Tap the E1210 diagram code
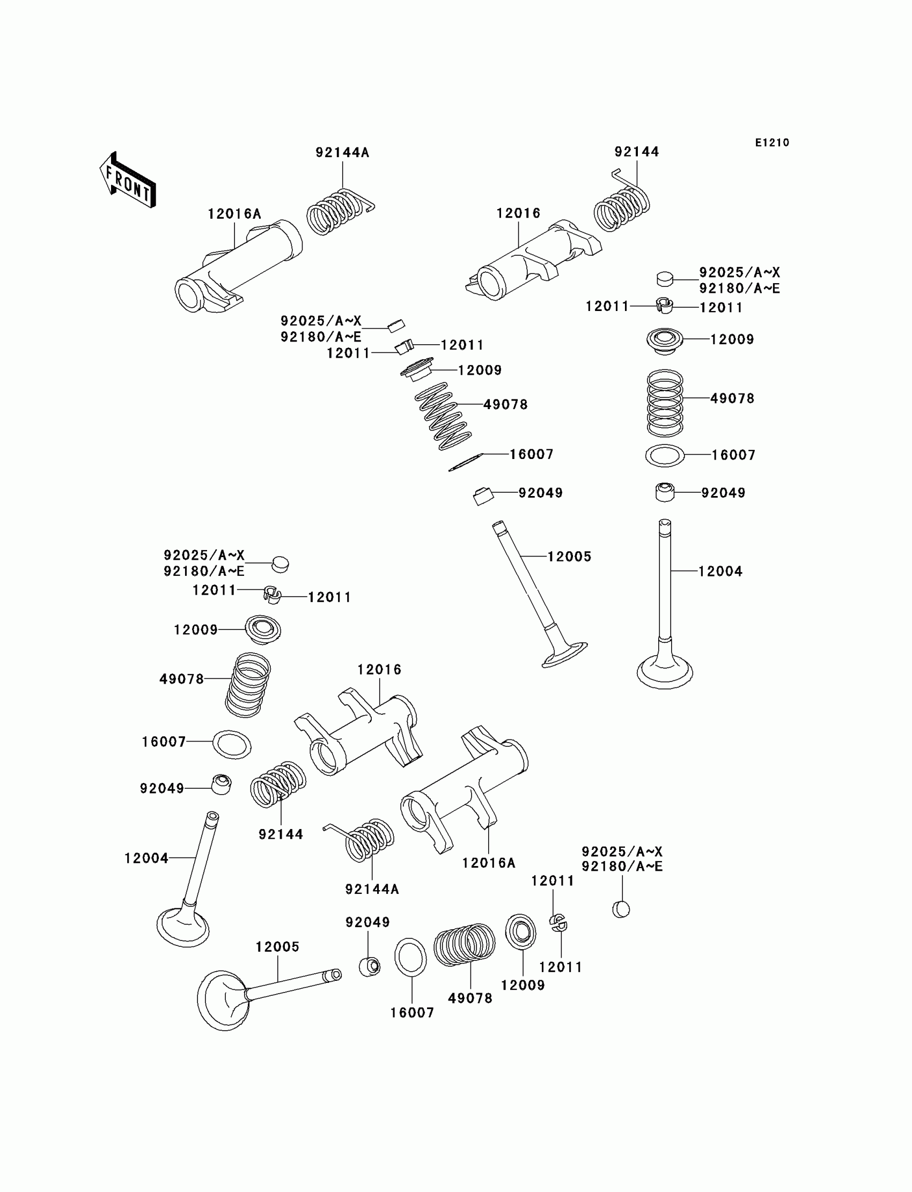[772, 143]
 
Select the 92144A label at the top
[342, 153]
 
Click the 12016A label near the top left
[234, 214]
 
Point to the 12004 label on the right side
[720, 571]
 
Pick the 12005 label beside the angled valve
[569, 557]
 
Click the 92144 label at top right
[636, 152]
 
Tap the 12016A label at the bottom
[488, 863]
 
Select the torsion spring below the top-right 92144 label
[622, 208]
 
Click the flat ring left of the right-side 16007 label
[665, 455]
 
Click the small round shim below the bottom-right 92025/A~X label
[621, 909]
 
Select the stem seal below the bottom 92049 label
[370, 966]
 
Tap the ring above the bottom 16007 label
[410, 957]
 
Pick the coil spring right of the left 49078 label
[248, 685]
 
